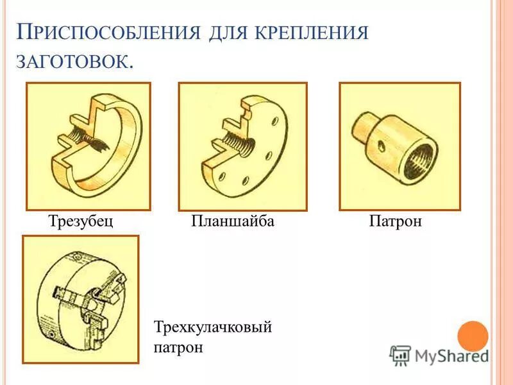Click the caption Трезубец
tap(81, 221)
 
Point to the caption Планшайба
tap(233, 221)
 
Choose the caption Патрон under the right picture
tap(396, 221)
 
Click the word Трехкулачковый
tap(214, 327)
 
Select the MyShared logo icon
tap(400, 355)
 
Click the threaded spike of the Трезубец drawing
tap(90, 142)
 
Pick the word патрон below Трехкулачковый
tap(178, 348)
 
